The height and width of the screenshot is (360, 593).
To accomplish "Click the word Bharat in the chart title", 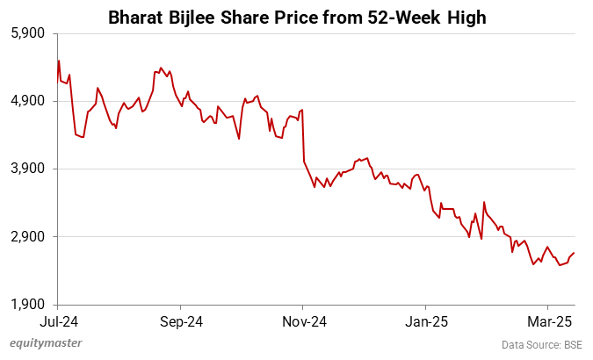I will click(137, 17).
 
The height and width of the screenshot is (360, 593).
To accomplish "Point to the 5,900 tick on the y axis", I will click(26, 33).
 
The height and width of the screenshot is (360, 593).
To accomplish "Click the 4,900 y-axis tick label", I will click(26, 101).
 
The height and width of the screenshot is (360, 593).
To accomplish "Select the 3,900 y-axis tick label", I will click(26, 169).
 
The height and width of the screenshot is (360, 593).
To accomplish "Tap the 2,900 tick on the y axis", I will click(26, 237).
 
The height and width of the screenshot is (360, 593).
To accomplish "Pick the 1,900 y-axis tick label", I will click(26, 305).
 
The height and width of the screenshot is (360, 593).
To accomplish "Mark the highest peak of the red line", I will click(58, 61).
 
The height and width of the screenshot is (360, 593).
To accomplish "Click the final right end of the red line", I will click(575, 253).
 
